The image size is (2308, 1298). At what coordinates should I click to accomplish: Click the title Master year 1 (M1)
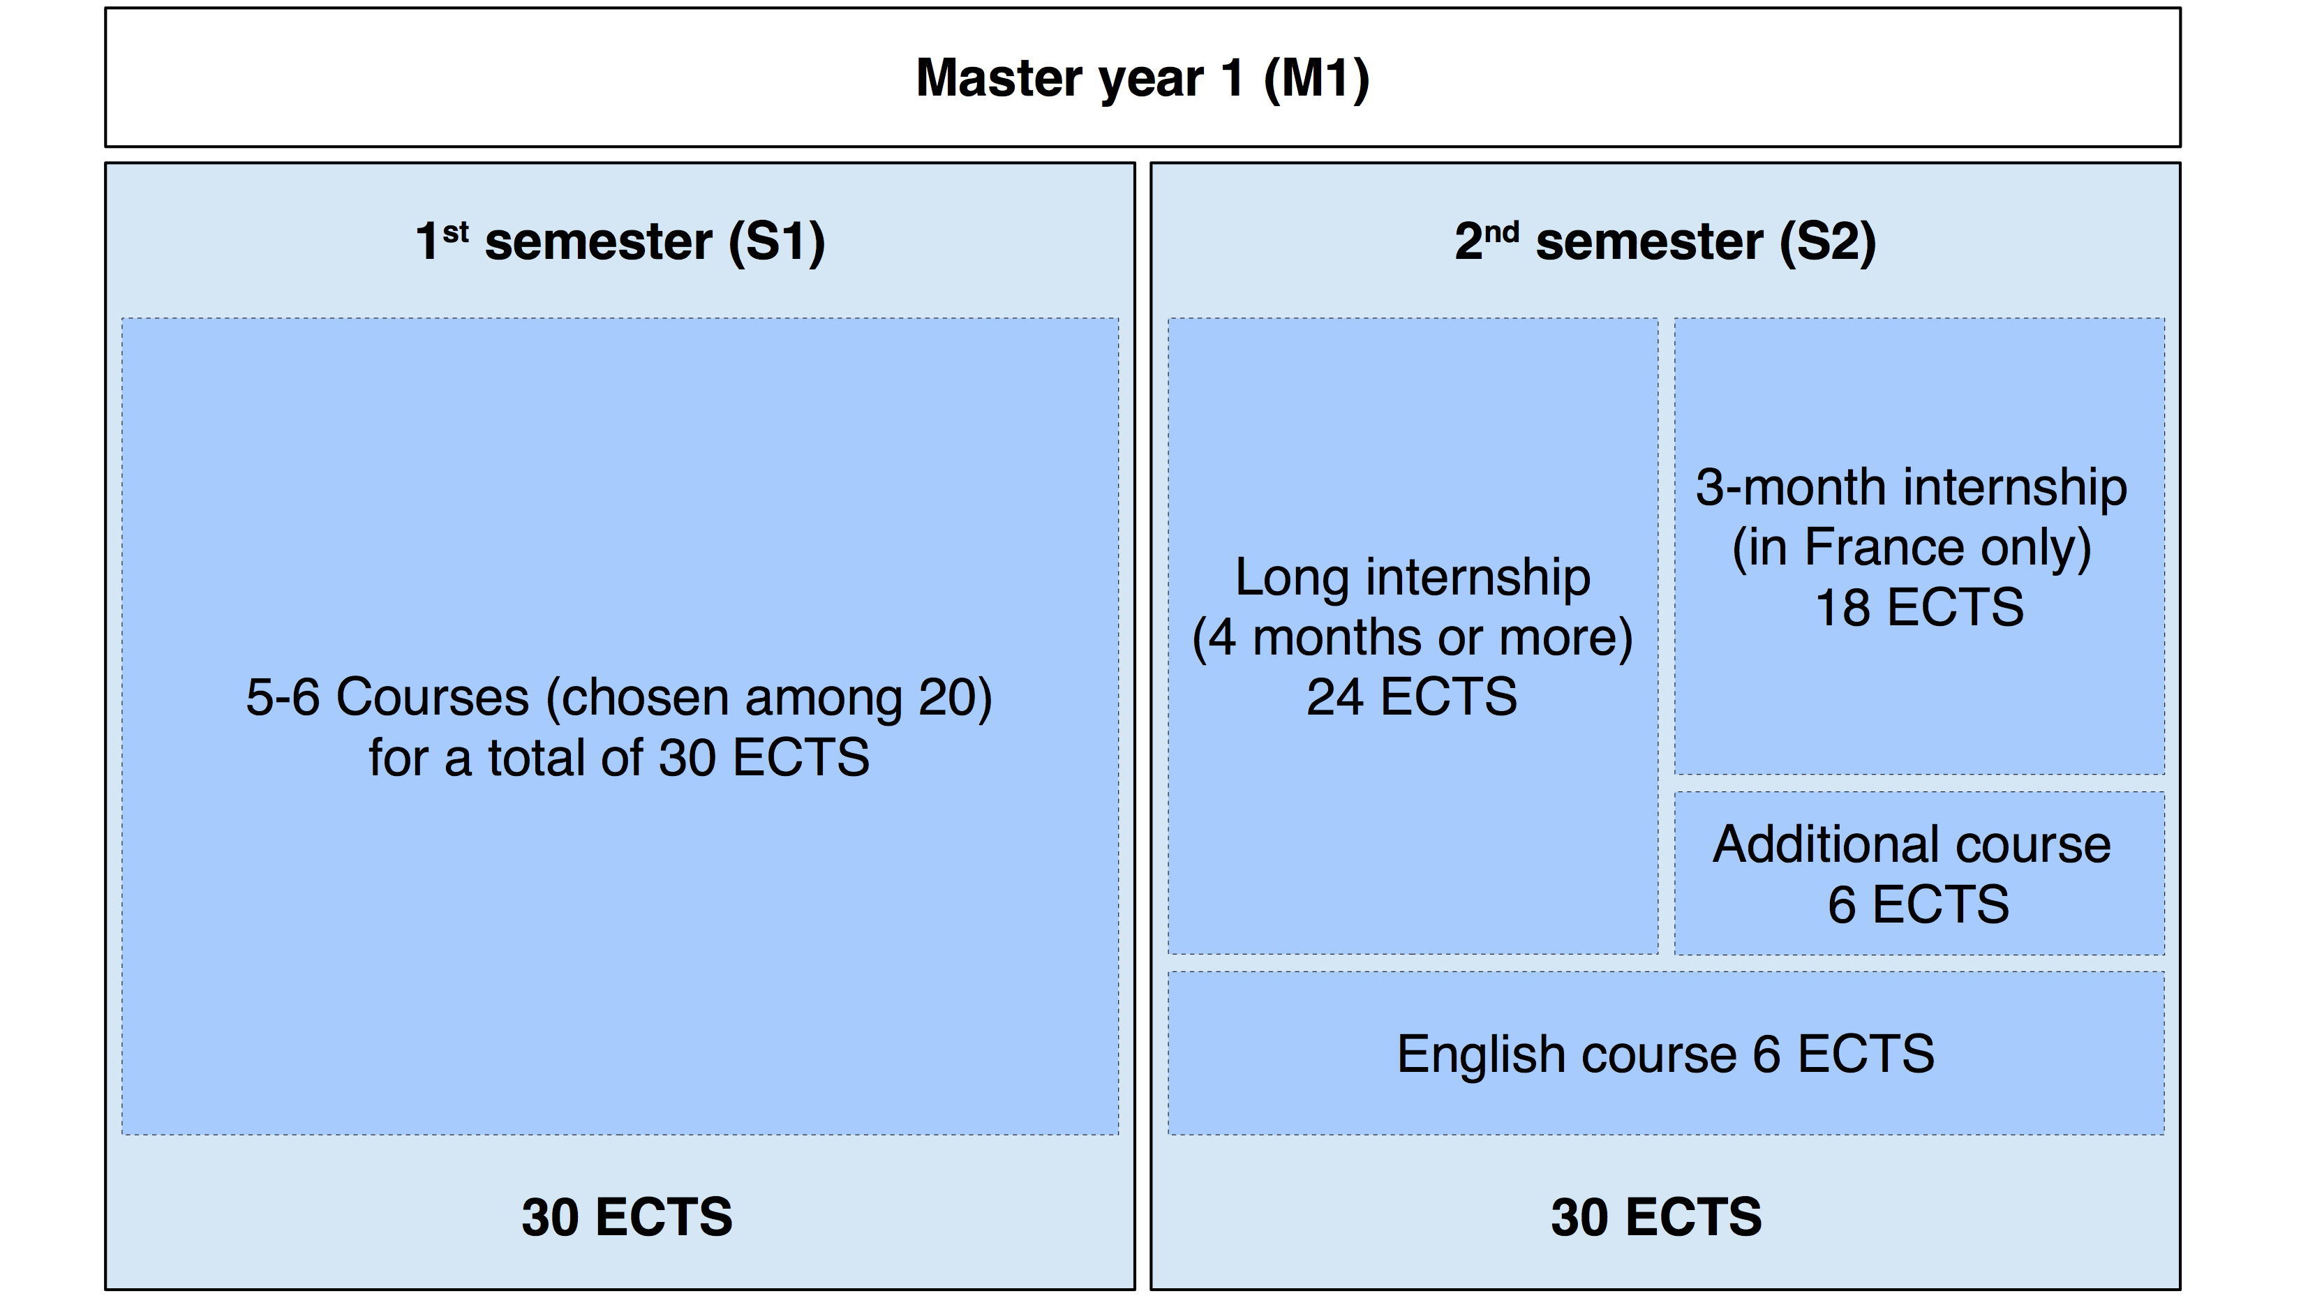click(1142, 79)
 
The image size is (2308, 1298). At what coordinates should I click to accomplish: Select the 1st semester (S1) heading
click(620, 242)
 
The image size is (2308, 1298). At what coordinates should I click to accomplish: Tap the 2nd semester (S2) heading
click(1665, 242)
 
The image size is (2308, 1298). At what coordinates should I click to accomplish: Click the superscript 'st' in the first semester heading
click(456, 232)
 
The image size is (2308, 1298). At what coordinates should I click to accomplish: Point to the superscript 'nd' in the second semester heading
click(1502, 232)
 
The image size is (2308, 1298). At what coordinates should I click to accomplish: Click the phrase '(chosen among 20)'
click(768, 698)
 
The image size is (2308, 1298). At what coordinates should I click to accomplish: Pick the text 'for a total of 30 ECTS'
click(619, 757)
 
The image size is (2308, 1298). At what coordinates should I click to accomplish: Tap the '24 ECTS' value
click(1412, 697)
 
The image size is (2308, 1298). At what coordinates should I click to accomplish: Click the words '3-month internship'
click(1911, 488)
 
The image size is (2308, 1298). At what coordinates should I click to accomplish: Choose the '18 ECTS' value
click(1919, 607)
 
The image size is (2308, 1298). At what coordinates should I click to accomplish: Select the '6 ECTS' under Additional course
click(1919, 904)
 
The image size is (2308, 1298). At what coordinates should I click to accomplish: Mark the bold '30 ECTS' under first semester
click(627, 1217)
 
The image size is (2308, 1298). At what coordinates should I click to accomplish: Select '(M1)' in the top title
click(1316, 79)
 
